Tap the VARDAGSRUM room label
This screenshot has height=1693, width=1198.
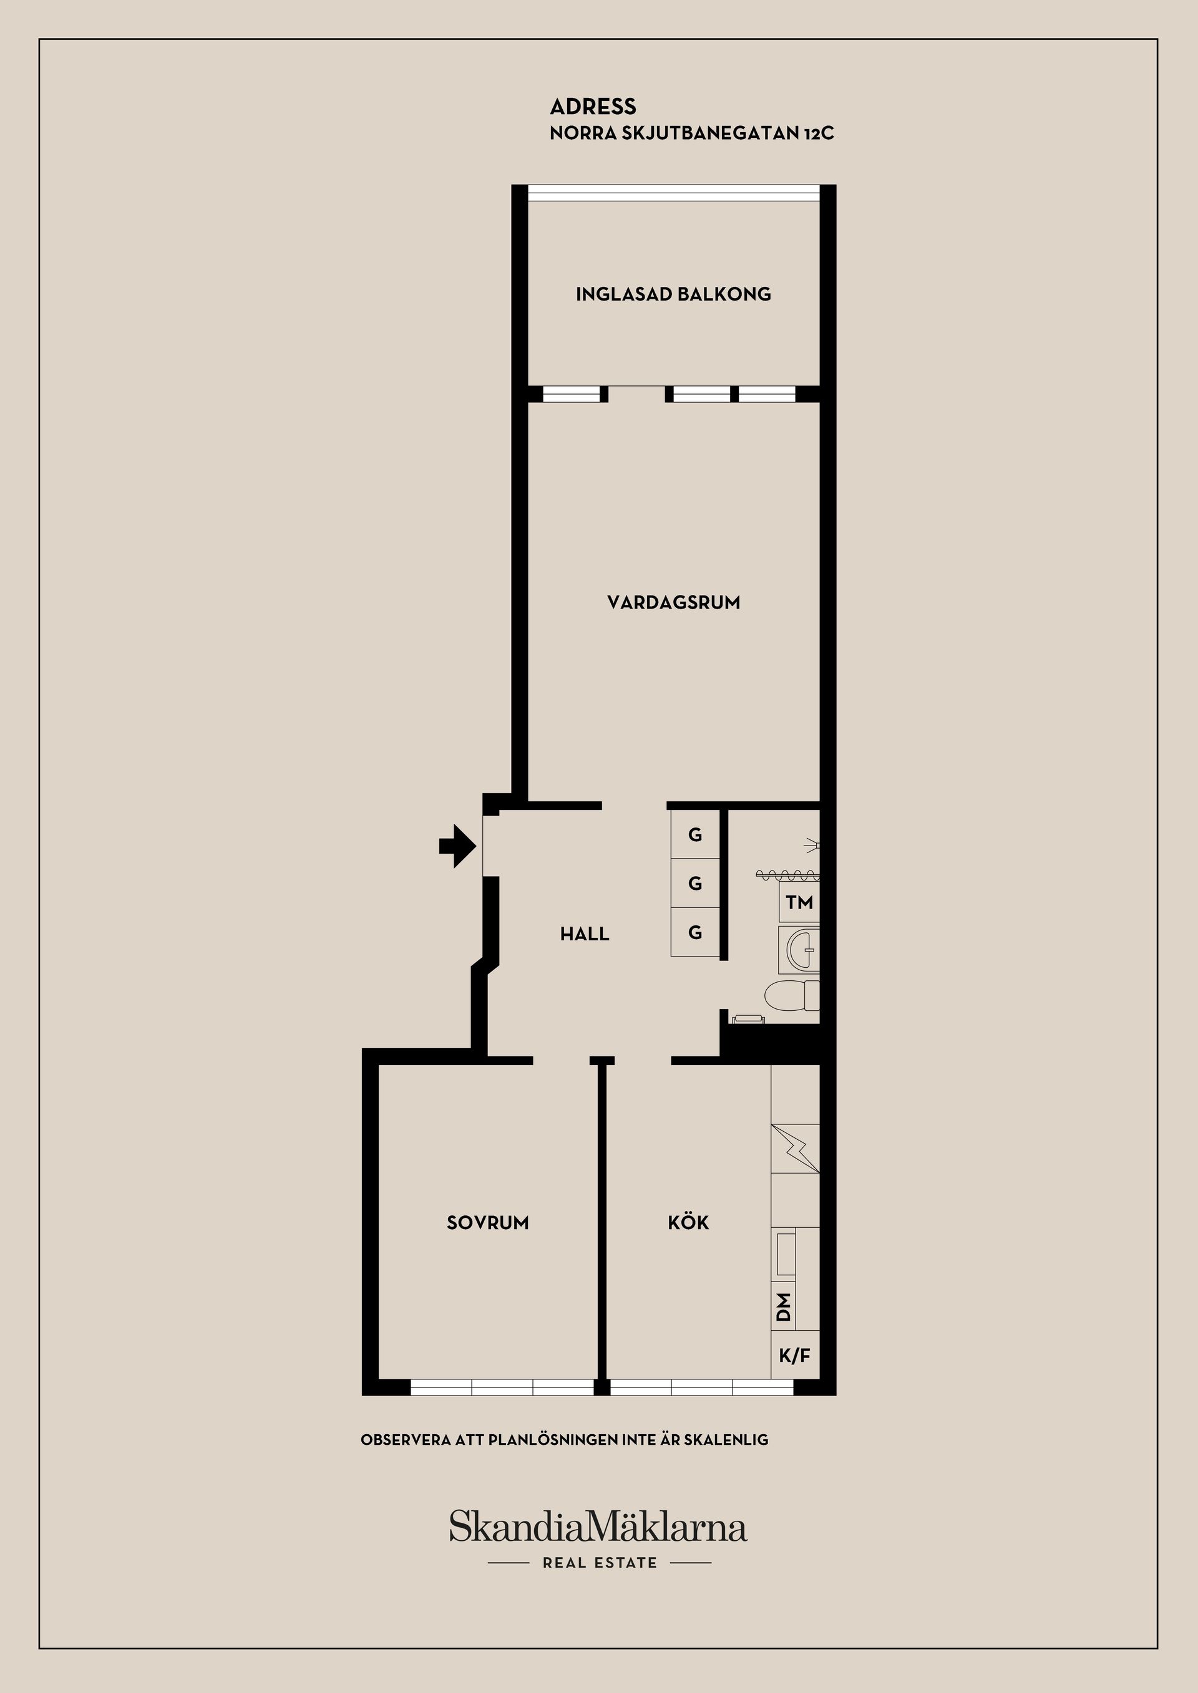(x=673, y=602)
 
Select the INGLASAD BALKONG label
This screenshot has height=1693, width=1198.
(x=673, y=294)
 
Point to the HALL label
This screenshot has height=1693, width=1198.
(x=584, y=934)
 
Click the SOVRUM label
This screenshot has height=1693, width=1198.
(x=487, y=1223)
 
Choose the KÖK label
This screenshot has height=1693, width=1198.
(x=688, y=1223)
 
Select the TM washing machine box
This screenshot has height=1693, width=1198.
(x=799, y=902)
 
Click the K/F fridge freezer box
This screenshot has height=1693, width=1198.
(x=794, y=1354)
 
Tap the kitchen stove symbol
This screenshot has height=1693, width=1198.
(x=795, y=1149)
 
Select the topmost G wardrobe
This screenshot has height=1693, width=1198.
(x=695, y=835)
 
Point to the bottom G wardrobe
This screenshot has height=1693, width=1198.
(x=695, y=933)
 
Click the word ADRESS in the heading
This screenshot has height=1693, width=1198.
(x=592, y=107)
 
